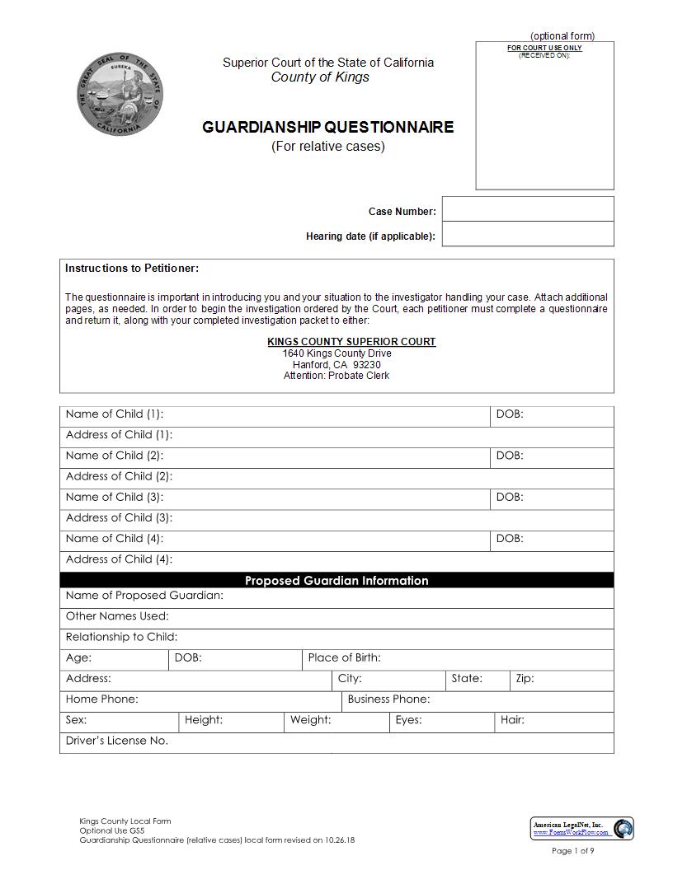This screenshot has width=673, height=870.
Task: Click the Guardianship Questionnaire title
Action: point(327,127)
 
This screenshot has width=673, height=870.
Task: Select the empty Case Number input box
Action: point(528,209)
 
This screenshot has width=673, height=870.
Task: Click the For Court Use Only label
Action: point(544,48)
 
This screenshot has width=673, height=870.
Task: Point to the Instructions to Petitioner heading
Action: point(132,268)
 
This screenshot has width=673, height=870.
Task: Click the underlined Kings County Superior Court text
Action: point(351,341)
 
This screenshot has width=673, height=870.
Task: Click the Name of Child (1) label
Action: point(115,414)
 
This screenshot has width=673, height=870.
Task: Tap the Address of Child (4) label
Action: point(119,559)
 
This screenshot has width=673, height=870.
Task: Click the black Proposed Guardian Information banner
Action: point(336,580)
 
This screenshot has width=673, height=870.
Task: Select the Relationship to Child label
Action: point(121,637)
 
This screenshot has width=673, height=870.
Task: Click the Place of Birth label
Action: point(344,657)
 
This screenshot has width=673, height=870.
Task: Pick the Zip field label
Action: point(525,679)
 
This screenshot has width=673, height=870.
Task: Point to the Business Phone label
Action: point(388,699)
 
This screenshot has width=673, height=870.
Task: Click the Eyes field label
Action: point(408,720)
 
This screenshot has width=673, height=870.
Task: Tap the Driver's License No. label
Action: point(117,741)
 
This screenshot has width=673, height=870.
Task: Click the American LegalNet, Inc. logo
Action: point(582,828)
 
